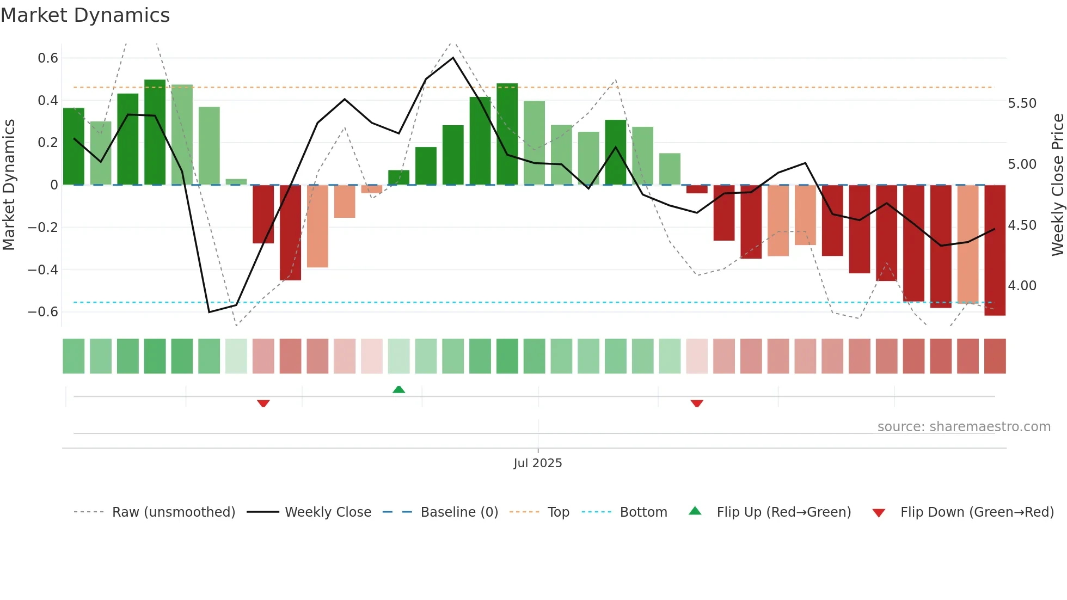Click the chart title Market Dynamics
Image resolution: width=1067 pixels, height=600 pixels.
coord(85,15)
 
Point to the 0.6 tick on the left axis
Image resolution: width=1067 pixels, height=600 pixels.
coord(48,58)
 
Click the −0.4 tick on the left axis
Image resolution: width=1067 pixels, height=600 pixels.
coord(43,270)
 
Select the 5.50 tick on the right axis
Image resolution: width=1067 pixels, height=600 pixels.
coord(1022,103)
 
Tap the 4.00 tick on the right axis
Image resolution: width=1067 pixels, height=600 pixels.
coord(1022,286)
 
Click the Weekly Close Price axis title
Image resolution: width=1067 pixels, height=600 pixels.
coord(1057,185)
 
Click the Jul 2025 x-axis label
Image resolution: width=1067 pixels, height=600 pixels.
coord(537,463)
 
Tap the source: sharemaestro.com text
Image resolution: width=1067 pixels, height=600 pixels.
coord(964,427)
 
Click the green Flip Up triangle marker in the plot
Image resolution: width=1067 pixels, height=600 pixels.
coord(399,389)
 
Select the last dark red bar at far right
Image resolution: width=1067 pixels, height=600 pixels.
coord(995,250)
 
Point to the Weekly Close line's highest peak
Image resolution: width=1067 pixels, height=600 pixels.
coord(453,58)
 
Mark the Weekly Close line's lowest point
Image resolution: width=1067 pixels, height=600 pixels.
coord(209,312)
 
